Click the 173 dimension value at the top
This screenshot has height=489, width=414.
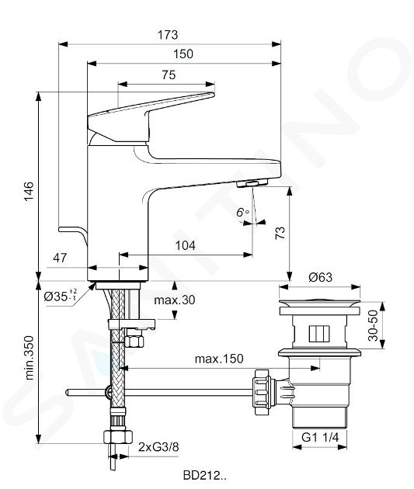click(168, 35)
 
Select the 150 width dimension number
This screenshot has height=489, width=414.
click(183, 54)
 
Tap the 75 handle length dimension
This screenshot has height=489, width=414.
click(169, 75)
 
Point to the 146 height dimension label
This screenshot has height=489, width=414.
click(29, 191)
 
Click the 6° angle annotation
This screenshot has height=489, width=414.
click(242, 212)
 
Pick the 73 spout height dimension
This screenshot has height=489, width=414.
click(280, 233)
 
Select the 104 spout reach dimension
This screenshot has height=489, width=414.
click(186, 246)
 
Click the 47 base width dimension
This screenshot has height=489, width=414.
click(60, 258)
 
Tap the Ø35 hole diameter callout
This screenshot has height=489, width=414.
click(61, 297)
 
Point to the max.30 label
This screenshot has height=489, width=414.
click(175, 300)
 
